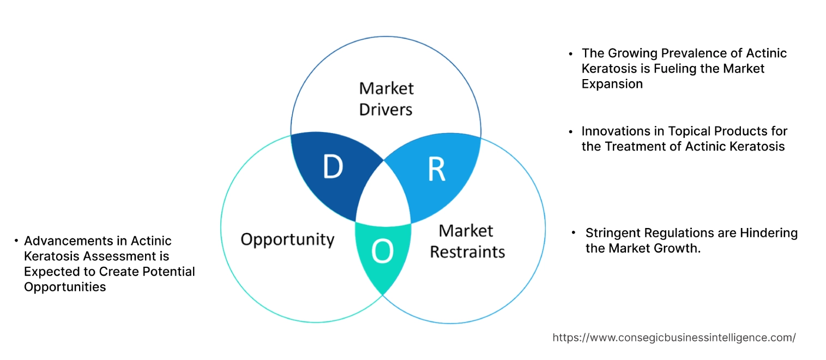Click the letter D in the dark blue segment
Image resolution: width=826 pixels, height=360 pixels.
(332, 167)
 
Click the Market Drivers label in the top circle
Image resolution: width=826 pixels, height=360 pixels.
(386, 99)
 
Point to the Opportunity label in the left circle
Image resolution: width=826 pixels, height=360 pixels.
(287, 239)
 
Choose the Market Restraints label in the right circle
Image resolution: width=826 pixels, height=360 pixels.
(467, 241)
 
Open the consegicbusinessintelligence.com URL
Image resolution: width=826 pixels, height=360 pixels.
(674, 338)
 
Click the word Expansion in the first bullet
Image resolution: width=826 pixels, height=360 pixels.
(612, 83)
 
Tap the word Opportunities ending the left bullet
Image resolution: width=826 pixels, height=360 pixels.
(65, 286)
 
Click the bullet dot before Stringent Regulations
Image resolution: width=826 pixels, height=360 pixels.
(573, 233)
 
